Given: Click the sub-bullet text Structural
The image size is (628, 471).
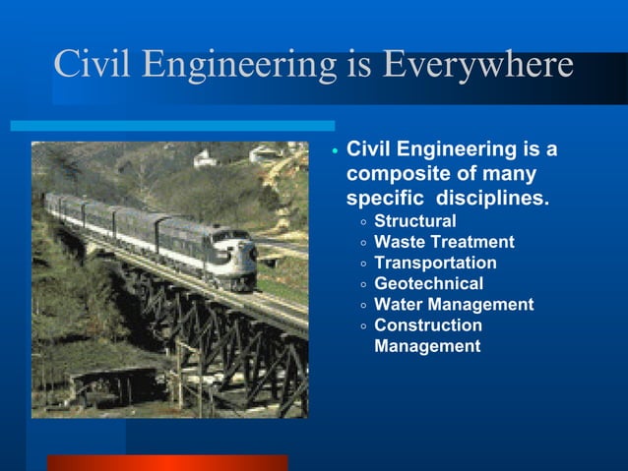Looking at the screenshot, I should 414,221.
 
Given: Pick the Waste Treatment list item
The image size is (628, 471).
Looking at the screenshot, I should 444,242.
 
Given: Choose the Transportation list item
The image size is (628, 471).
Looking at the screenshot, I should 435,263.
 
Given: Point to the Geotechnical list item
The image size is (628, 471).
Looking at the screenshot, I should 428,283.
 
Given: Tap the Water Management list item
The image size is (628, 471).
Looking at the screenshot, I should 454,305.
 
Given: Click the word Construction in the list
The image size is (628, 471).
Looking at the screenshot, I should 428,325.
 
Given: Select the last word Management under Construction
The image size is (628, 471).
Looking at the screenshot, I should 427,346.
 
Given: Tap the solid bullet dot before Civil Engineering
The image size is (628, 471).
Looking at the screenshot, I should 335,151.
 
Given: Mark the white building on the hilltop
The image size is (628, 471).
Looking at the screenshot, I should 264,154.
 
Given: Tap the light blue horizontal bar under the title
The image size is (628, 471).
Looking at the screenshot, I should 172,126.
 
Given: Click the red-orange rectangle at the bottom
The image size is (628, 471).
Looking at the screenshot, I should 167,462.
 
